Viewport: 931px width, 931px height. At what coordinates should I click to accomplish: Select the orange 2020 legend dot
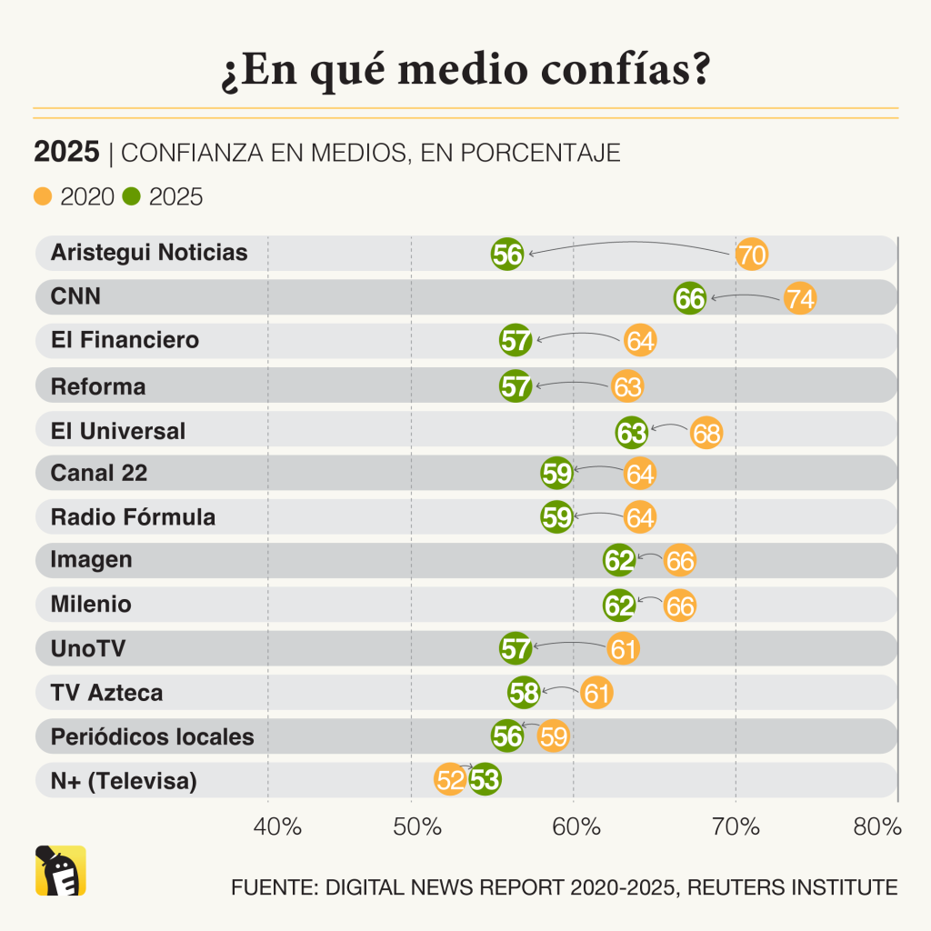[43, 196]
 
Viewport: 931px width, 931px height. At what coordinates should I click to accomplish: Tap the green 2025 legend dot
[132, 196]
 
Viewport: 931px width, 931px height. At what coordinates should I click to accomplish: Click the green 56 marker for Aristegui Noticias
[507, 255]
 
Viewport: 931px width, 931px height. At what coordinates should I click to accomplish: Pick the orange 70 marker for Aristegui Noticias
[751, 255]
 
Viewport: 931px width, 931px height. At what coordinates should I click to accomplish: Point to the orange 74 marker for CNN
[800, 298]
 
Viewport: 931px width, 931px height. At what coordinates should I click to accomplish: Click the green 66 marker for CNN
[690, 298]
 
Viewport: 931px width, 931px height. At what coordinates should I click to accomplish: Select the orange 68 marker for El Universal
[706, 433]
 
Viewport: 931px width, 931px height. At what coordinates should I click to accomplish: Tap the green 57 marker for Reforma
[516, 386]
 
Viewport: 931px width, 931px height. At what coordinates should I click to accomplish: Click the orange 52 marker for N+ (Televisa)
[450, 780]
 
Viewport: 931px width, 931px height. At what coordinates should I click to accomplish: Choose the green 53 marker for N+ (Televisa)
[486, 780]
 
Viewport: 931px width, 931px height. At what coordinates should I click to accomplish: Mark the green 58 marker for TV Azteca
[524, 693]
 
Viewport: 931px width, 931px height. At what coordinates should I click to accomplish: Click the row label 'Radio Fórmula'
[133, 517]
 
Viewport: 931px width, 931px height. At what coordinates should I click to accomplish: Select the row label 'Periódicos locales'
[152, 736]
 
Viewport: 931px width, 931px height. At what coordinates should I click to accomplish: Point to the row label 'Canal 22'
[99, 473]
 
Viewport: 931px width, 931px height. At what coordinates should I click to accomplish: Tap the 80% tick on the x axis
[878, 827]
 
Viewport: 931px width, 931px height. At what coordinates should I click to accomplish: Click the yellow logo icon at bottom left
[61, 871]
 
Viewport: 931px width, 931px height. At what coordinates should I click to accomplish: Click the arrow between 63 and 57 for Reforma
[573, 384]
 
